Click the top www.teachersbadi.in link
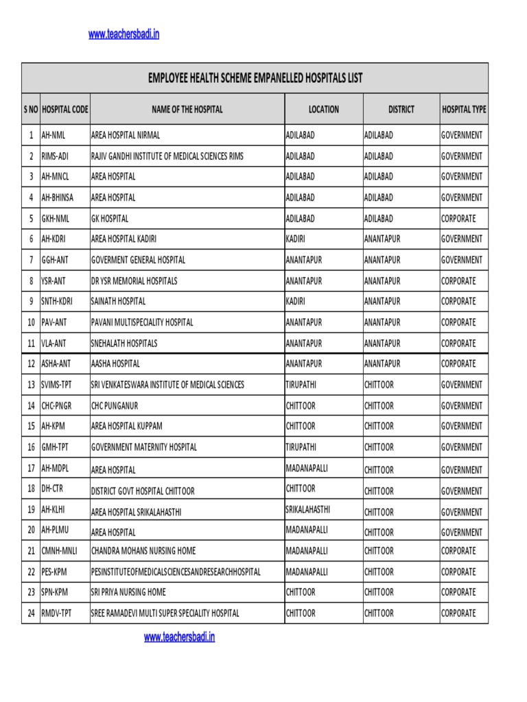pos(124,34)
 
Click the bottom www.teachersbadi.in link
pos(179,637)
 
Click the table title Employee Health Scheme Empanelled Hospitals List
pos(255,78)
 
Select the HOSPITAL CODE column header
pos(65,109)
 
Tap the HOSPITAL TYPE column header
pos(464,109)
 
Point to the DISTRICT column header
pos(401,109)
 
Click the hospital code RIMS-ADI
pos(55,156)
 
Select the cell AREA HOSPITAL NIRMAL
pos(126,135)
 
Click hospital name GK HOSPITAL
pos(110,219)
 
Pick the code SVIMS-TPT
pos(57,385)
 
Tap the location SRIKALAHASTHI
pos(307,509)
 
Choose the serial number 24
pos(31,614)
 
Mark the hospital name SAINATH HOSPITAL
pos(119,301)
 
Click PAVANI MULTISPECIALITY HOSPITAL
pos(142,322)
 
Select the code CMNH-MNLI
pos(60,550)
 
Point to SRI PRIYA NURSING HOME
pos(128,592)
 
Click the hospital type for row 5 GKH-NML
pos(458,219)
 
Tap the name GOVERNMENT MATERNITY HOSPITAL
pos(144,447)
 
